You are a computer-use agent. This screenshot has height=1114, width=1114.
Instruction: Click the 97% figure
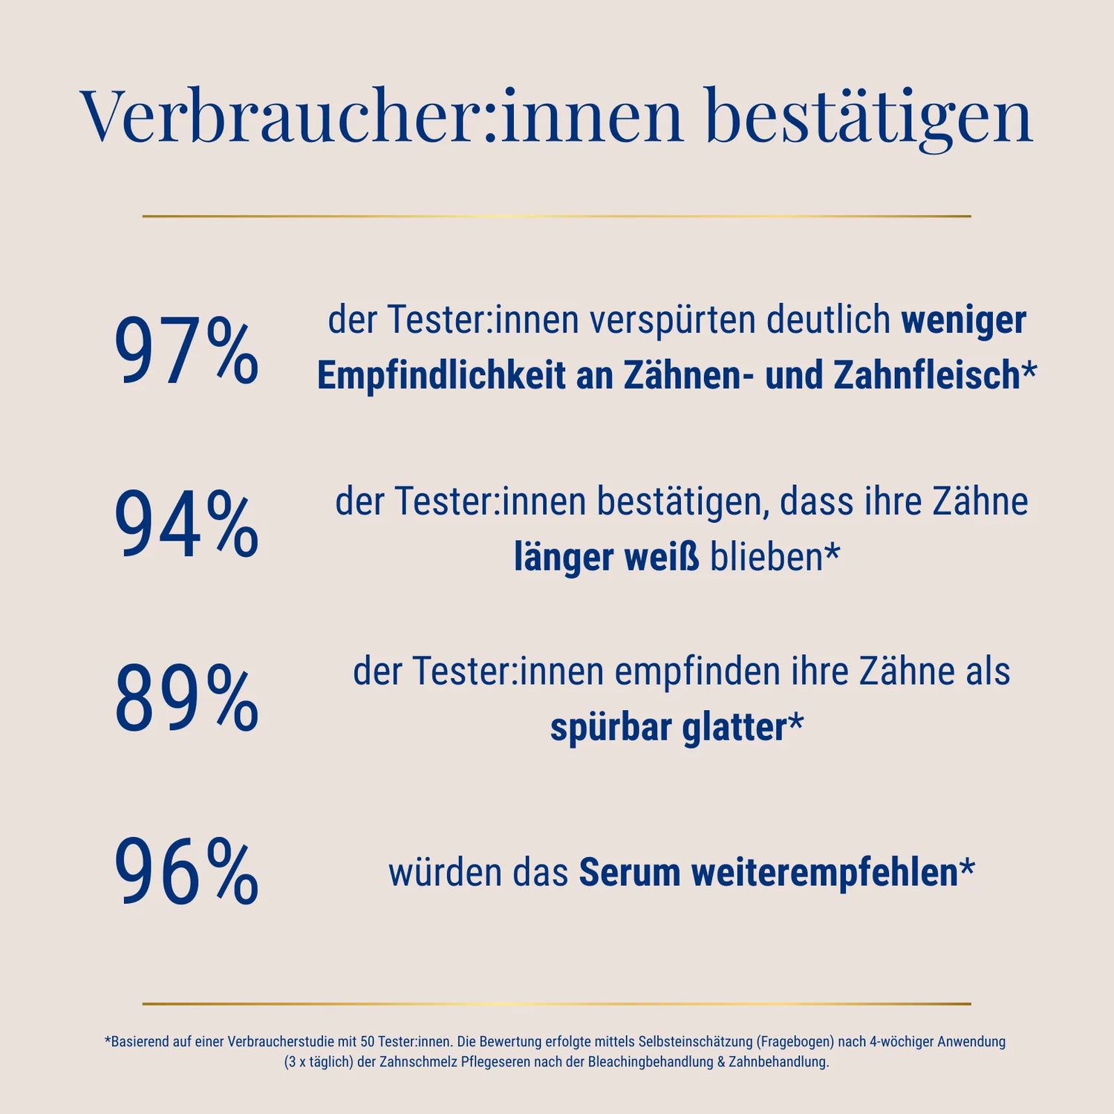[x=186, y=351]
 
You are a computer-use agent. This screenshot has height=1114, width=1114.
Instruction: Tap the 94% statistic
[x=186, y=526]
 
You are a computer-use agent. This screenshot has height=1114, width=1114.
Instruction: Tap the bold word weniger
[x=963, y=321]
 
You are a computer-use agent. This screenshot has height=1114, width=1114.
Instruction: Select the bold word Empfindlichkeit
[x=441, y=375]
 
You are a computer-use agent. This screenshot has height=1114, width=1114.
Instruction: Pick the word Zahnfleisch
[x=927, y=375]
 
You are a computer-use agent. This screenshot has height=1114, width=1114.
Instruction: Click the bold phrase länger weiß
[x=606, y=558]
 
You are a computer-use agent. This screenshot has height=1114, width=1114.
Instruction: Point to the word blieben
[x=766, y=558]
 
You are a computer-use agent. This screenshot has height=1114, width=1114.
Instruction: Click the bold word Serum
[x=629, y=873]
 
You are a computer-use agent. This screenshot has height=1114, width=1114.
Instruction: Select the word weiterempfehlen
[x=824, y=873]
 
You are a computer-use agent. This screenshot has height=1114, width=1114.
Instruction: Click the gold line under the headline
[x=556, y=216]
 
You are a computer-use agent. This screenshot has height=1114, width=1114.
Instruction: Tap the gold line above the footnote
[x=556, y=1004]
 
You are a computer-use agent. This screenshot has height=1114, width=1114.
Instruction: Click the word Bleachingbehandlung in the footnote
[x=651, y=1062]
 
